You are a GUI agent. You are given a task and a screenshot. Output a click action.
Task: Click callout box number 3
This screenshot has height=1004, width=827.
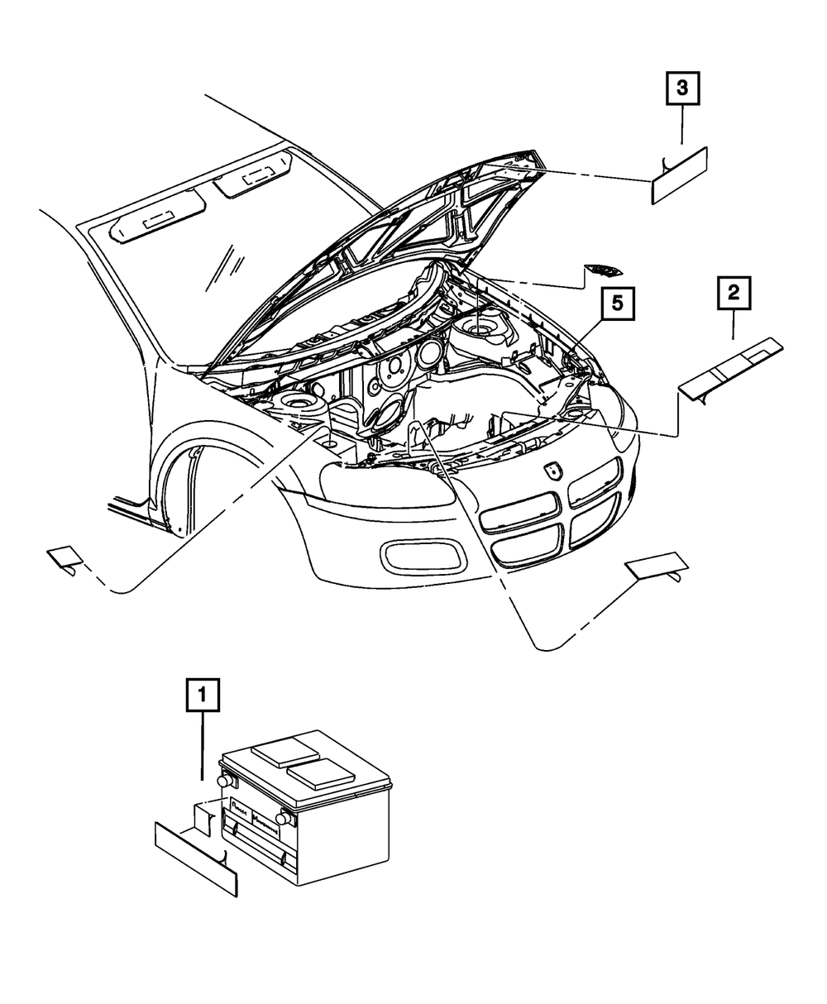[682, 90]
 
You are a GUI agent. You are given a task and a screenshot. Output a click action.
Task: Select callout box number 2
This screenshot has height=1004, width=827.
[733, 294]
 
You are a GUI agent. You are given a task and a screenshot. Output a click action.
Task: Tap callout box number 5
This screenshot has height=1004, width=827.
[618, 304]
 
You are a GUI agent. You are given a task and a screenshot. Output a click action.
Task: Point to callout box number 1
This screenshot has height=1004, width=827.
[203, 696]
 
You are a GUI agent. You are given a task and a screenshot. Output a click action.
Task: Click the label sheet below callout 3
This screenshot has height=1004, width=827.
[679, 175]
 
